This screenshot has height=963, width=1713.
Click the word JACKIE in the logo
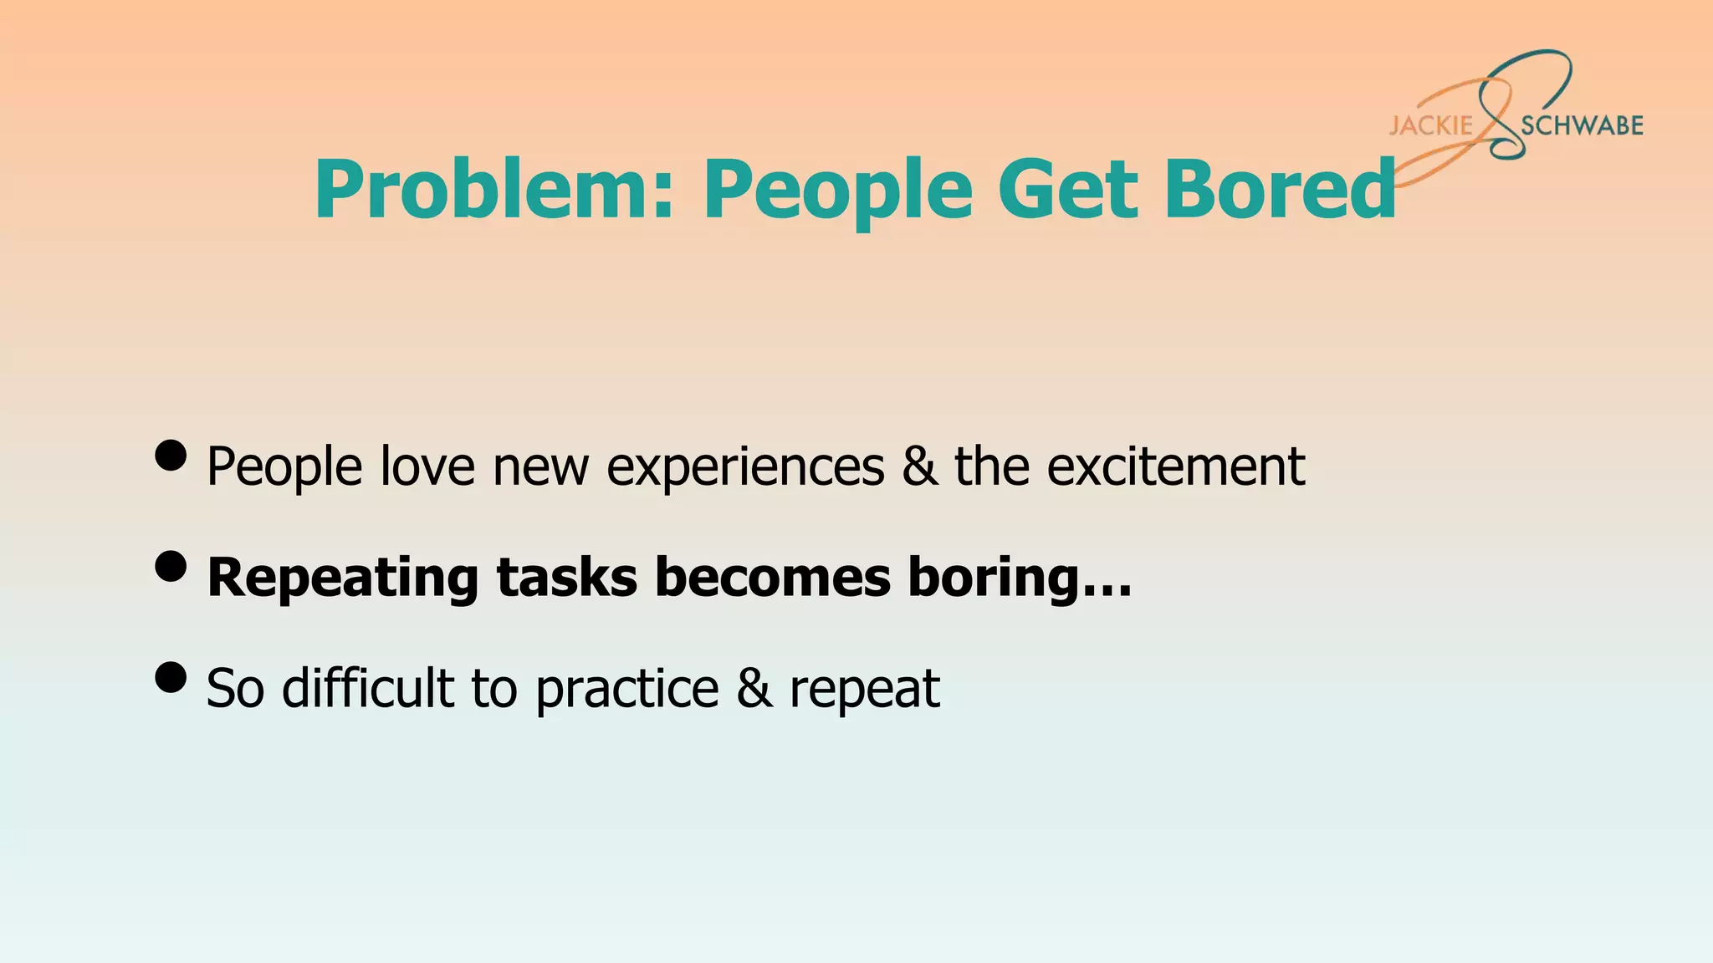1430,125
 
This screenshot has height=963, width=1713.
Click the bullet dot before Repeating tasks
171,566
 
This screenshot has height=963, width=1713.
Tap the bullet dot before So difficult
171,677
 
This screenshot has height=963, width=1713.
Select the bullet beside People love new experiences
171,456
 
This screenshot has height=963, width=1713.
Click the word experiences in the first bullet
745,467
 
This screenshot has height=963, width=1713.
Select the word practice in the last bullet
627,690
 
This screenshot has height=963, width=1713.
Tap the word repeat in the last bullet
865,690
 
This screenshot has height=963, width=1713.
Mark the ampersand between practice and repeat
754,689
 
